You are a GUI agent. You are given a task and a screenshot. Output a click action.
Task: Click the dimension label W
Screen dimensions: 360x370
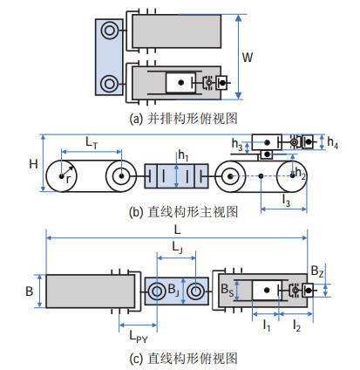tap(248, 58)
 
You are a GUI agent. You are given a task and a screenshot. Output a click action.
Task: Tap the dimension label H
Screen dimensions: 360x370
tap(33, 164)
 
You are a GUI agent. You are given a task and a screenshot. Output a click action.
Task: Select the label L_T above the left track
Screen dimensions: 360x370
tap(92, 143)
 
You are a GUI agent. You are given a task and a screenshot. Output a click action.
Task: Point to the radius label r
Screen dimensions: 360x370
tap(68, 179)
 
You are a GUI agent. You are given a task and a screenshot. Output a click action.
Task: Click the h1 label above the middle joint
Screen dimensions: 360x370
tap(183, 155)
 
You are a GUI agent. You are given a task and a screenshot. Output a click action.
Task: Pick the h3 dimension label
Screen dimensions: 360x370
tap(237, 144)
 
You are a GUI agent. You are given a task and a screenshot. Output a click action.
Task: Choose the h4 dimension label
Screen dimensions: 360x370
tap(333, 143)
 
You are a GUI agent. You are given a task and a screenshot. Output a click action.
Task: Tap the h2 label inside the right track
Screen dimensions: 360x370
tap(300, 173)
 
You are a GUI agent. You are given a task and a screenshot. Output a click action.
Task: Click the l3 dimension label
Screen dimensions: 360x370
tap(286, 201)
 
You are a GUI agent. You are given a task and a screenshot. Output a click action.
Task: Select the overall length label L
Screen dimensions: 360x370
tap(177, 230)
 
